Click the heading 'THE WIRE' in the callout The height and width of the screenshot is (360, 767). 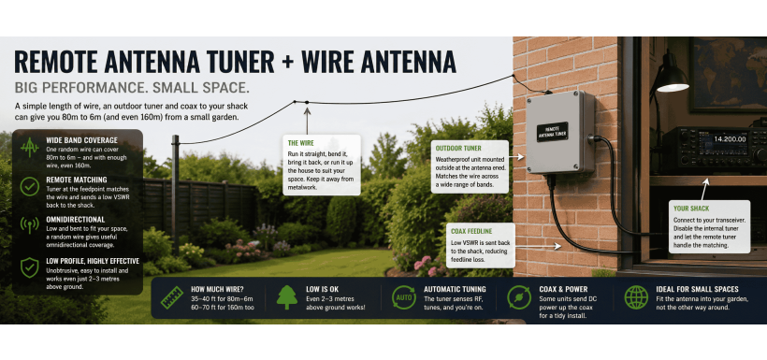point(300,143)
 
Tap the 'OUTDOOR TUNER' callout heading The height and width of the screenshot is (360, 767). point(458,148)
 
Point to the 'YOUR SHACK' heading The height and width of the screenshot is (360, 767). point(691,209)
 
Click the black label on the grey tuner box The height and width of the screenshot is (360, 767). point(552,132)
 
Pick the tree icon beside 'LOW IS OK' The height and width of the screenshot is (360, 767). point(286,297)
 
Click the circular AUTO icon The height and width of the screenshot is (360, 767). point(403,297)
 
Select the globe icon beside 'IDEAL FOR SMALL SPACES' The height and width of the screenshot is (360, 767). point(636,297)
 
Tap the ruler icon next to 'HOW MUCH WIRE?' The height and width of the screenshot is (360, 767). point(172,297)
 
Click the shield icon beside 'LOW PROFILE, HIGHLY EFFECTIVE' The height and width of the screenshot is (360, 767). point(29,267)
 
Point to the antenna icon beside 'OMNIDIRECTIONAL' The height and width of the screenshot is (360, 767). point(29,225)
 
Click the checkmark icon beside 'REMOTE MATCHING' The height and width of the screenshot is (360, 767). point(29,186)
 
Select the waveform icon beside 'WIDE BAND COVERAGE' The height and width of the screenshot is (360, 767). point(29,147)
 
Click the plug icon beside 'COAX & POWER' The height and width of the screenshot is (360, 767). point(519,297)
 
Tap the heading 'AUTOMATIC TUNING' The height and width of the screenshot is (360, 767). point(455,289)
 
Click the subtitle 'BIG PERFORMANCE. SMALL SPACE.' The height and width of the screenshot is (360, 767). point(132,89)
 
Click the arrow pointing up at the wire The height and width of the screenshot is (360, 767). point(307,121)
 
